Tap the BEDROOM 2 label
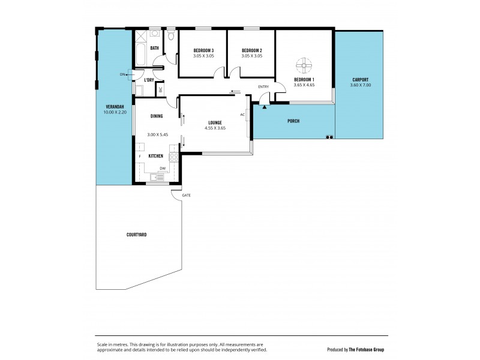[253, 50]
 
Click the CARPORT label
[360, 80]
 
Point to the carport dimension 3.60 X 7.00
[360, 86]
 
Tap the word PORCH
[293, 122]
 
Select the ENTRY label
[263, 88]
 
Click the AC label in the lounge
[242, 114]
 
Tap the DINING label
[157, 116]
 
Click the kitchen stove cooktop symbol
[174, 158]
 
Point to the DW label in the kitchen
[162, 169]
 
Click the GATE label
[178, 196]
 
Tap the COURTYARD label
[137, 235]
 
